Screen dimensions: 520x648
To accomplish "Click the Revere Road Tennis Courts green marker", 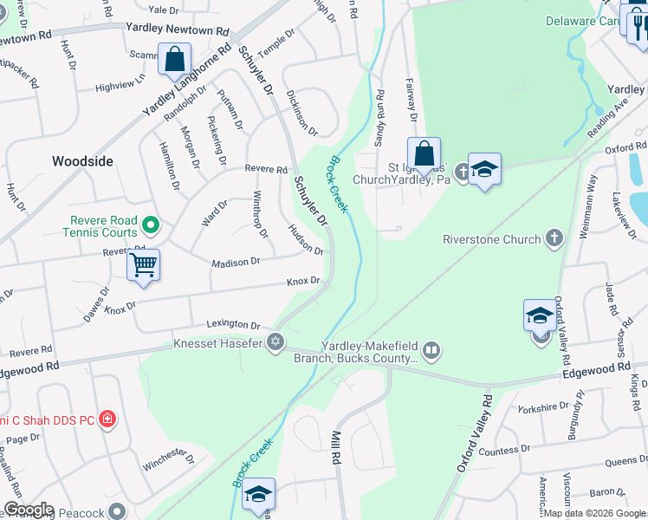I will coord(151,225).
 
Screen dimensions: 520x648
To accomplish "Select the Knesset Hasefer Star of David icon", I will coord(275,342).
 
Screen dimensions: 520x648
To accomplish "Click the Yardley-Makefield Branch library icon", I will coord(431,350).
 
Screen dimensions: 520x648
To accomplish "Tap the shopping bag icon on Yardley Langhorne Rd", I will coord(175,60).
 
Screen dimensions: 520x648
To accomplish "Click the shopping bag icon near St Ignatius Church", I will coord(424,153).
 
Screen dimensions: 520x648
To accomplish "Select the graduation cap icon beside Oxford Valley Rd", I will coord(540,315).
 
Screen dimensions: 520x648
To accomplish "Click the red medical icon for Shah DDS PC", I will coord(107,419).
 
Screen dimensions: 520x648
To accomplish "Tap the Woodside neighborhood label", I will coord(83,161).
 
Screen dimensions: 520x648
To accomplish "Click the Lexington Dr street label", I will coord(233,325).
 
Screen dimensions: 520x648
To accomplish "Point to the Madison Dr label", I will coord(237,262).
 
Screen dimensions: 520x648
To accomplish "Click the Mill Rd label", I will coord(334,449).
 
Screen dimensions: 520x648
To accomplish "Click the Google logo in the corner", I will coord(29,510).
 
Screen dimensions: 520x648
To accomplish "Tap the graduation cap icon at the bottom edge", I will coord(258,494).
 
